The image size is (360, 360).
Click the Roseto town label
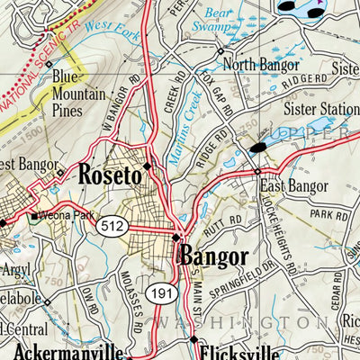pos(110,175)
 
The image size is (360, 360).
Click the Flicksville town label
pos(236,352)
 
